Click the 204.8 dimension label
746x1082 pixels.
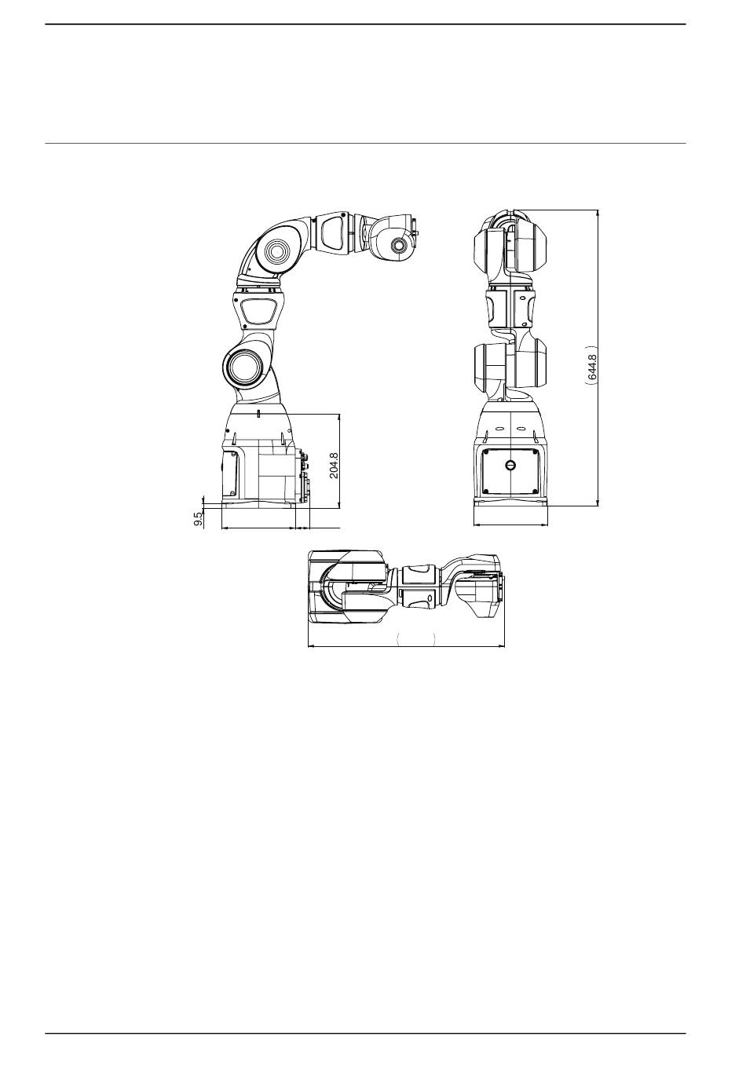click(x=334, y=465)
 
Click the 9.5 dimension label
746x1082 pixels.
click(x=198, y=520)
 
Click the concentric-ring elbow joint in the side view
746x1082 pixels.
click(x=277, y=252)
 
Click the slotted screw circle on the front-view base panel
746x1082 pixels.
click(x=510, y=465)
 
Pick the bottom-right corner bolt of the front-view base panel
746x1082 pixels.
click(x=533, y=492)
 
